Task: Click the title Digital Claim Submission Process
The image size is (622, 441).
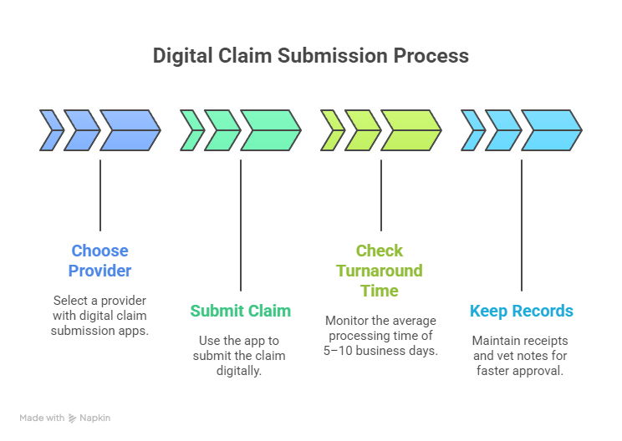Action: tap(310, 56)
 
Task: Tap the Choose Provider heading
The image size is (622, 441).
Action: tap(99, 261)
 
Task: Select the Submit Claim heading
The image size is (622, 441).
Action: tap(241, 311)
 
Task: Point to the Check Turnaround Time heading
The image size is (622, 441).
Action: tap(380, 271)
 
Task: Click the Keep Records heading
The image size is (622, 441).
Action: tap(521, 311)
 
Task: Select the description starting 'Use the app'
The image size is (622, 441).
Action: tap(241, 356)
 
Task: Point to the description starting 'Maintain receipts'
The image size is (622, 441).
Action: tap(521, 356)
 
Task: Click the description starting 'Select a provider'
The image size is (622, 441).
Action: tap(100, 316)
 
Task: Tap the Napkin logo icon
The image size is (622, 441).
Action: tap(73, 418)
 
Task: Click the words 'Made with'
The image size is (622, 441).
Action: tap(43, 418)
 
